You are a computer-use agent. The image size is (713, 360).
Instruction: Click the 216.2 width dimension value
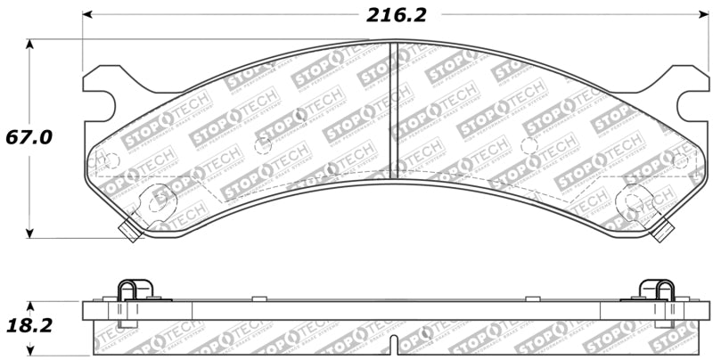[396, 15]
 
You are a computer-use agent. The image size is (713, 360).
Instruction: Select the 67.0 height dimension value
[29, 138]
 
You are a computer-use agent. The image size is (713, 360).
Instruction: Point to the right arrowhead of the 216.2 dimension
[702, 16]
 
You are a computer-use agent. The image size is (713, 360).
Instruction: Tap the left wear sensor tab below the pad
[129, 231]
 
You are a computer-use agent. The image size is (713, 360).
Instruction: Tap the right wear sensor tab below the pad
[661, 231]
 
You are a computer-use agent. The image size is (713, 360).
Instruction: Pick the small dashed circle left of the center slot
[263, 146]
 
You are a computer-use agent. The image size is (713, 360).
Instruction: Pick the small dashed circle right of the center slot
[529, 146]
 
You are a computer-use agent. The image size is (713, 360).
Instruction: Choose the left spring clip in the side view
[135, 291]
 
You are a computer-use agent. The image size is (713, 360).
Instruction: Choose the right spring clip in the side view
[658, 291]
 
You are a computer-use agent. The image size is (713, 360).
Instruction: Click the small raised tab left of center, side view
[255, 299]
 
